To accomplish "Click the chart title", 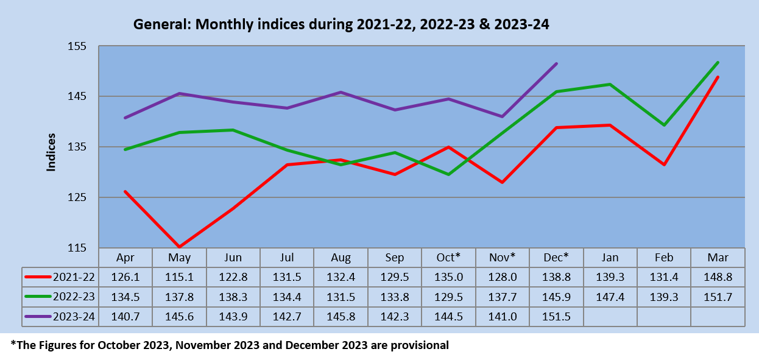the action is [x=341, y=24].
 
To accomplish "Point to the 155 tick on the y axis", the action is [x=77, y=46].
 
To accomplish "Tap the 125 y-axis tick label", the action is [x=77, y=197].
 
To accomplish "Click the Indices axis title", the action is [x=51, y=152].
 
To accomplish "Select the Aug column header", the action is [x=341, y=258].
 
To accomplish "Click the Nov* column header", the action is [x=502, y=258].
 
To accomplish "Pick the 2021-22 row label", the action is [x=74, y=277].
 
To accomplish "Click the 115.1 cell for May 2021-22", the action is [x=179, y=277].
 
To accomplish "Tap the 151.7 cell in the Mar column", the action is [x=718, y=297].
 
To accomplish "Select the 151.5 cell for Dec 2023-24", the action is [x=556, y=317].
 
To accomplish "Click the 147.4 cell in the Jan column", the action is [x=610, y=297].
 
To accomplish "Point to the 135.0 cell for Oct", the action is [x=448, y=277].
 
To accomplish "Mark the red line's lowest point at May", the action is [x=179, y=247].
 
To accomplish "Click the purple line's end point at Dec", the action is [x=556, y=64].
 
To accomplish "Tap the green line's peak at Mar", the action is [x=718, y=62].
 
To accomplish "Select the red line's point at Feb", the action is [x=664, y=164].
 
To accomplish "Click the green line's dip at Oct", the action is [x=448, y=175].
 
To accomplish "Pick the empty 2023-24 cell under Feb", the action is [x=664, y=317].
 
